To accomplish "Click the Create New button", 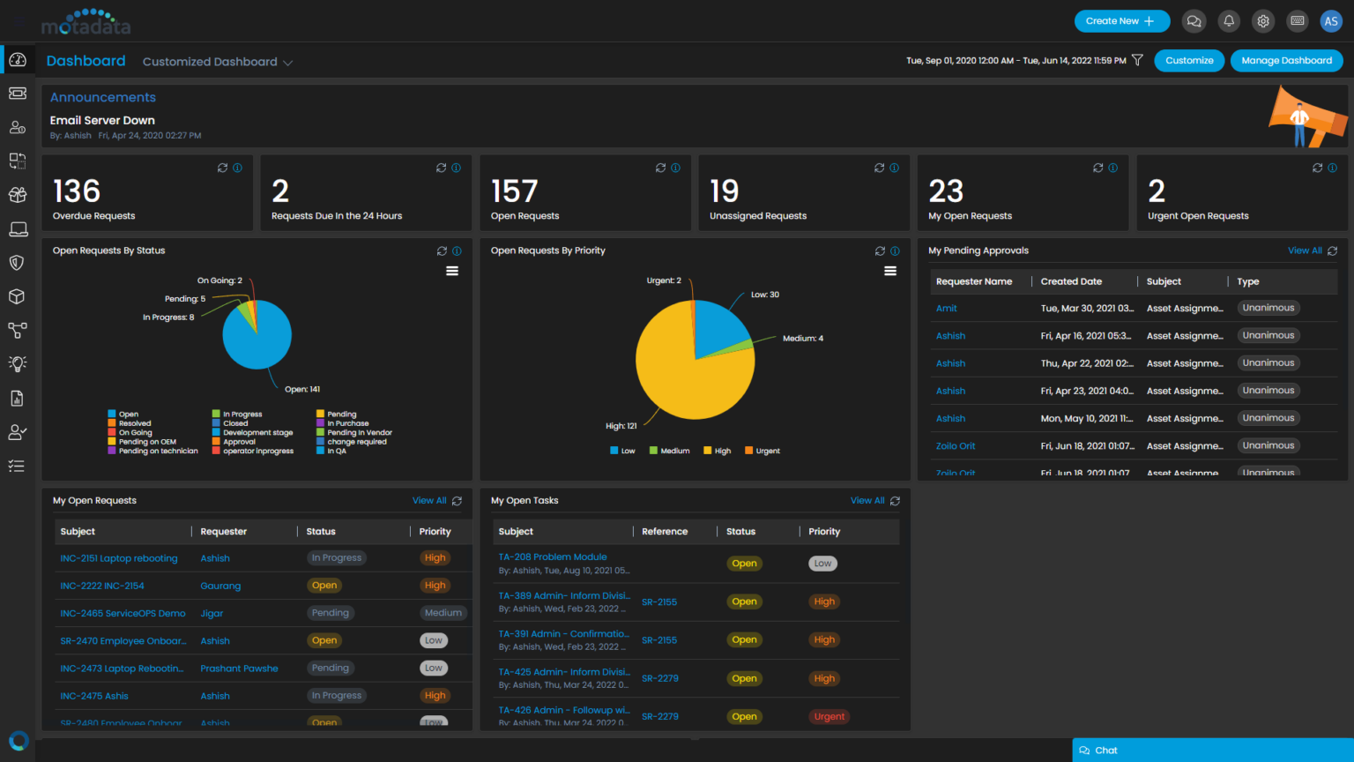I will click(1121, 21).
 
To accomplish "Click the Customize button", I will click(1189, 61).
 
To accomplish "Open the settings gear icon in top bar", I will click(1263, 21).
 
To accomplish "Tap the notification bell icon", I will click(1229, 21).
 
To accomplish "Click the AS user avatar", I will click(1331, 21).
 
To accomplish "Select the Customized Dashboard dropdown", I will click(217, 62).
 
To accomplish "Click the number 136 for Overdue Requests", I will click(77, 191).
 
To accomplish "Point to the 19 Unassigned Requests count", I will click(724, 191).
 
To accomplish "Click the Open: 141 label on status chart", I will click(302, 389).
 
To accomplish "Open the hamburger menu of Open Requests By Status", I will click(452, 272).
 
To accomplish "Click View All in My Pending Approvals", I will click(1305, 250).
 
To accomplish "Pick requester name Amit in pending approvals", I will click(947, 309).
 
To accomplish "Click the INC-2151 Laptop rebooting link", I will click(119, 558).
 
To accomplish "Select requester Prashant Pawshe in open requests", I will click(239, 669).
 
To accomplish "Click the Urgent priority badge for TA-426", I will click(829, 717).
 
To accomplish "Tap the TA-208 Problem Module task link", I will click(553, 557).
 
